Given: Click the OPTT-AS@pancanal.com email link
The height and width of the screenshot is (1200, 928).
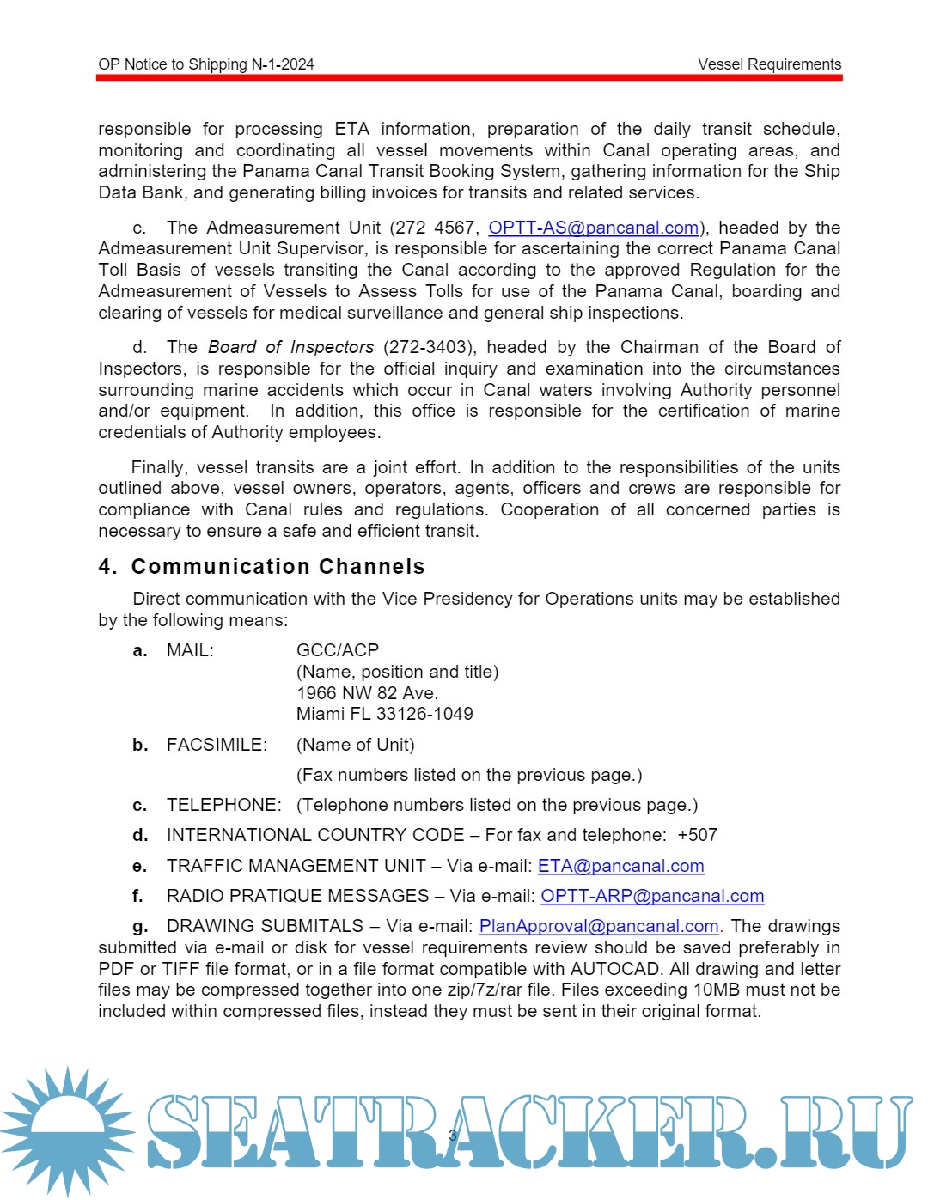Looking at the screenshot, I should (x=593, y=228).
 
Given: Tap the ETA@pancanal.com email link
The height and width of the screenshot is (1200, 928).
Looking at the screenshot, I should (x=620, y=866).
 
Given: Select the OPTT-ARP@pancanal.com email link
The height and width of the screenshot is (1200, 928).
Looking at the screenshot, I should (x=652, y=896).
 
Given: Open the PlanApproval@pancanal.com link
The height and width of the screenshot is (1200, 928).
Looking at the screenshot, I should (x=599, y=926).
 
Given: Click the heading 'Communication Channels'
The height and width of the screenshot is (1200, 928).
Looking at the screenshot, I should (x=278, y=567).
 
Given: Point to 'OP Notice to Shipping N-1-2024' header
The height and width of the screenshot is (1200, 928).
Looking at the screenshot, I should (x=206, y=64).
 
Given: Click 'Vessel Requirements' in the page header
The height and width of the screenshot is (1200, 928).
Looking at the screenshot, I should (x=769, y=64).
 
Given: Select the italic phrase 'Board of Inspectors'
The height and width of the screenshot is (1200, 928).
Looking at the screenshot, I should (x=290, y=347).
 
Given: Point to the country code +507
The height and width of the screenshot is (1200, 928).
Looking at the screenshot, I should (x=697, y=835).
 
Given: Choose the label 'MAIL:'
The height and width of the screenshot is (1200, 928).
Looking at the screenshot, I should (x=190, y=650).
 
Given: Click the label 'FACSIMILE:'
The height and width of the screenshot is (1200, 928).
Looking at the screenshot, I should (x=217, y=745).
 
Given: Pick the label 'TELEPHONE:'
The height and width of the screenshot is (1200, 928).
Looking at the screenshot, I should (x=223, y=805).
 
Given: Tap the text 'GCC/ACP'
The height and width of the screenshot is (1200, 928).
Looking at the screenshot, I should (x=338, y=650).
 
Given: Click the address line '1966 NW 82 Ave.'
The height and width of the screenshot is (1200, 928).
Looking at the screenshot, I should (x=367, y=693).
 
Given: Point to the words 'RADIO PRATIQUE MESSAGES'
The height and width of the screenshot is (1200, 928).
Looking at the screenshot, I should (x=297, y=896).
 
